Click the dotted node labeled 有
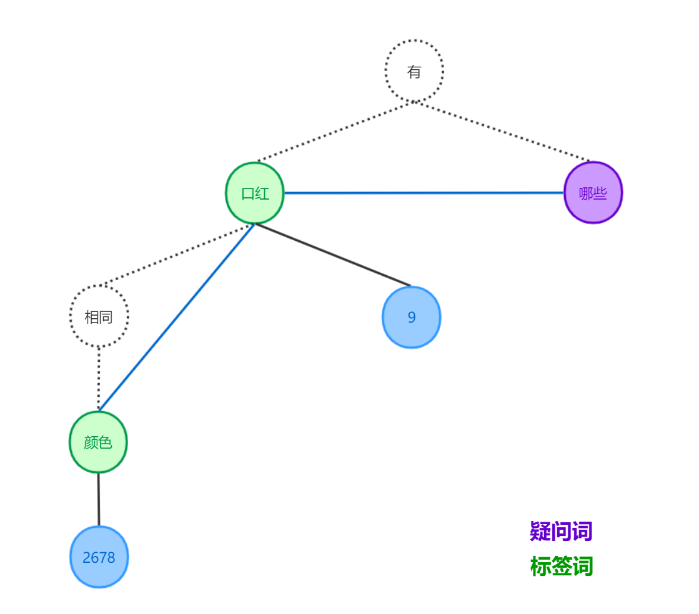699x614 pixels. coord(414,71)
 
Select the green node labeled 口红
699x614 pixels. coord(255,193)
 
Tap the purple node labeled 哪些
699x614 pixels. coord(593,193)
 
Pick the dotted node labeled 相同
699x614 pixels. coord(99,316)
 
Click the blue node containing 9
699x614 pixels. coord(412,317)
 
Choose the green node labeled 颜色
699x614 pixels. coord(98,442)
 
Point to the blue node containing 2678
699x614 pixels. coord(99,557)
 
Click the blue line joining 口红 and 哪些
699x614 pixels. coord(425,193)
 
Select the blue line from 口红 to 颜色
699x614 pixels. coord(177,317)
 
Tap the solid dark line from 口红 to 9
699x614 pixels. coord(333,255)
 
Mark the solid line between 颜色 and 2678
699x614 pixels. coord(98,499)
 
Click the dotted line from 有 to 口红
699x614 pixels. coord(336,131)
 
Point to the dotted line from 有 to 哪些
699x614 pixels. coord(503,131)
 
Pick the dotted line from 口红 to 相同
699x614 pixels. coord(177,255)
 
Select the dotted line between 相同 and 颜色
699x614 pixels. coord(99,379)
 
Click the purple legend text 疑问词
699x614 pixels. coord(561,532)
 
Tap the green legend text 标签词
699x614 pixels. coord(561,567)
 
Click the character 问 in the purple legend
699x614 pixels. coord(561,532)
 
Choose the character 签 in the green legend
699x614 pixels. coord(561,567)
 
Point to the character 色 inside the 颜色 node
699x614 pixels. coord(105,442)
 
